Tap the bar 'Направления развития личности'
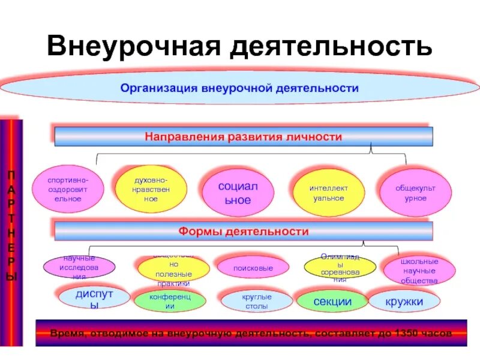click(x=243, y=137)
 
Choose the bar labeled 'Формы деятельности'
click(x=243, y=232)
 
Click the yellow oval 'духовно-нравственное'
click(x=151, y=190)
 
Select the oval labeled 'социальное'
click(x=238, y=193)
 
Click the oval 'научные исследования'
click(x=79, y=267)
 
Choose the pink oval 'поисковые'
click(x=253, y=268)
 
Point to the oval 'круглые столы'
click(x=256, y=301)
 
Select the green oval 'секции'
click(x=332, y=301)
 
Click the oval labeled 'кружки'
click(x=404, y=301)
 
